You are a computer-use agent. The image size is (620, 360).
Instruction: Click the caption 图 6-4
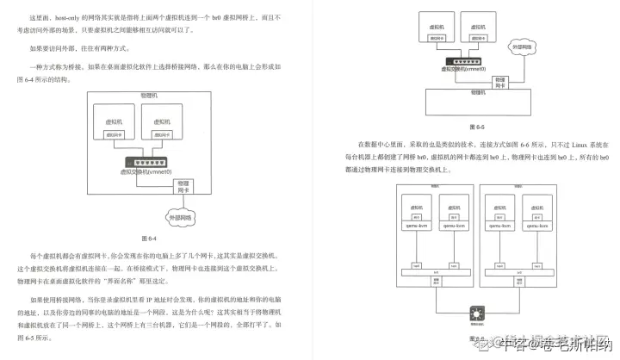[147, 237]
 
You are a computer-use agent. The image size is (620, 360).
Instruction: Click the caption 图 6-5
[476, 126]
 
